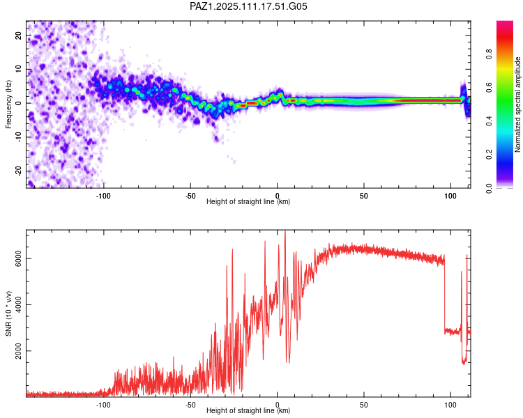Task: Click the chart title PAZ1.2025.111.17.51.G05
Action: (x=248, y=6)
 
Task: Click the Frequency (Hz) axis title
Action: (x=8, y=104)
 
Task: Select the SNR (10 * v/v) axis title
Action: (x=8, y=313)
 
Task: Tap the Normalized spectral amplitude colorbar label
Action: (x=517, y=104)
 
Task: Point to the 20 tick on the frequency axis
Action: (x=19, y=35)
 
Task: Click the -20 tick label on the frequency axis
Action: (x=19, y=171)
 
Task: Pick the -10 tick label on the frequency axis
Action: (x=19, y=137)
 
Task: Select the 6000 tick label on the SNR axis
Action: (x=19, y=258)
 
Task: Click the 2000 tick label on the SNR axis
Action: (x=19, y=350)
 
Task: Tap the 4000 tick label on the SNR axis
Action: (x=19, y=304)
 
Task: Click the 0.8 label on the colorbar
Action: (x=489, y=54)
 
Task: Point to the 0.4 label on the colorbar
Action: (x=489, y=121)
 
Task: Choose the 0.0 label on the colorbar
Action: (x=489, y=188)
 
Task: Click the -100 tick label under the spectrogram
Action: (x=103, y=196)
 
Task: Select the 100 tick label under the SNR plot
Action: (x=450, y=405)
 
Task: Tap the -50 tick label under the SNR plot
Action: (x=190, y=405)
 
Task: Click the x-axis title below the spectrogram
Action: (x=248, y=201)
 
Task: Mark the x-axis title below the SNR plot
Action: (x=248, y=410)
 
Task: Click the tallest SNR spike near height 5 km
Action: (x=285, y=231)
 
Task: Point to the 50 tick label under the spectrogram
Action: (x=363, y=196)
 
